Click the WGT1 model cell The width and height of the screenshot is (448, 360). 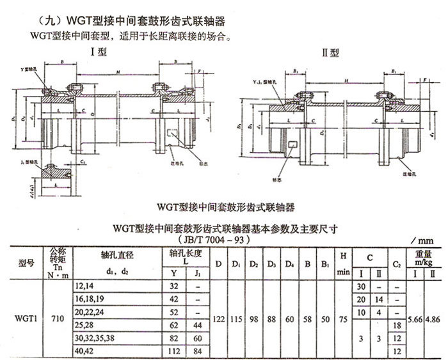tap(22, 316)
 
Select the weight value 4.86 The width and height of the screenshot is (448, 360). tap(435, 316)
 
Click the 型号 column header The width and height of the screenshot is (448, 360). tap(22, 262)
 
